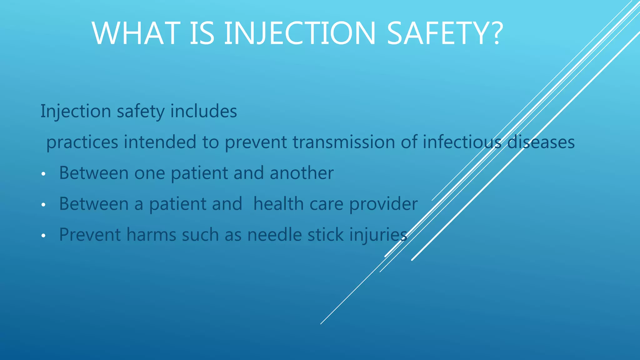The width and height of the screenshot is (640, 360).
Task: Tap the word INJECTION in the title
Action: pyautogui.click(x=300, y=34)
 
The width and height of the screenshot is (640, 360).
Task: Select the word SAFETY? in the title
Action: pyautogui.click(x=445, y=34)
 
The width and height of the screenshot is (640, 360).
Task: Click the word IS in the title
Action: pyautogui.click(x=202, y=34)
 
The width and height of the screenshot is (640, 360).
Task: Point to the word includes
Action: pyautogui.click(x=203, y=111)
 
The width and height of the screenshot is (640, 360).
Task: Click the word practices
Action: pyautogui.click(x=82, y=142)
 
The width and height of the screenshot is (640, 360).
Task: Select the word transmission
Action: pyautogui.click(x=344, y=142)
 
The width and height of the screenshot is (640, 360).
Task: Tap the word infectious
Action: pyautogui.click(x=462, y=142)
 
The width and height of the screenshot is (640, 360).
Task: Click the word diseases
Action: pyautogui.click(x=541, y=142)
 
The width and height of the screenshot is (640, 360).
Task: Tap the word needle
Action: pyautogui.click(x=274, y=235)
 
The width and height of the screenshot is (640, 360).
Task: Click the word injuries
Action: pyautogui.click(x=378, y=235)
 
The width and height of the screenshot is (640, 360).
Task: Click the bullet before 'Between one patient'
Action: pyautogui.click(x=43, y=174)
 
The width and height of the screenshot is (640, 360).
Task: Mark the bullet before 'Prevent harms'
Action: pyautogui.click(x=43, y=236)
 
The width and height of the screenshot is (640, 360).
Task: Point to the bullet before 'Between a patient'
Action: pyautogui.click(x=43, y=205)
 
